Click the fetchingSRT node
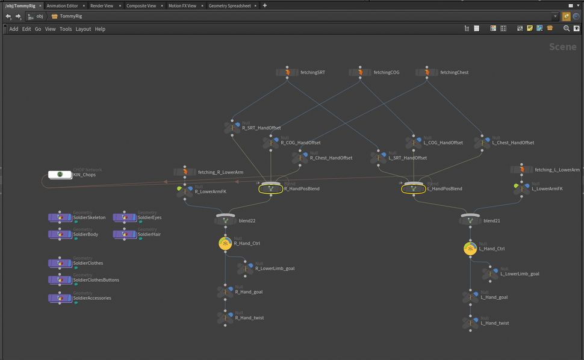tap(287, 72)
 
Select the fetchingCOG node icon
tap(360, 72)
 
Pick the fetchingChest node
tap(427, 72)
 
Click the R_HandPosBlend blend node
tap(271, 188)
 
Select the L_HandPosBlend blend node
tap(414, 188)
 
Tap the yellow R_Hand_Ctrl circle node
tap(225, 243)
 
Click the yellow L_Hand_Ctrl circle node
tap(470, 248)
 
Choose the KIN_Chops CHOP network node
tap(60, 175)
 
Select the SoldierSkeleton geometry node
tap(60, 217)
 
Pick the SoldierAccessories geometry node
tap(60, 298)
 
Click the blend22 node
tap(225, 221)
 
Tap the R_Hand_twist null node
tap(225, 317)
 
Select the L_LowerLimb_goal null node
tap(490, 273)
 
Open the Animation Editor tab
tap(62, 5)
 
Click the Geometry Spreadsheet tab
tap(230, 5)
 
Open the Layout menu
tap(83, 29)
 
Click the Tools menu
tap(65, 29)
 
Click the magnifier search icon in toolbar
tap(566, 28)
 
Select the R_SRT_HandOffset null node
tap(232, 128)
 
